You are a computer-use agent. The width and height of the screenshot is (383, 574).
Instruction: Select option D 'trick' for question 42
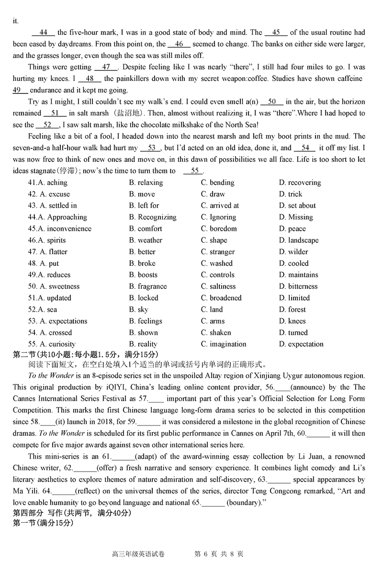(x=295, y=194)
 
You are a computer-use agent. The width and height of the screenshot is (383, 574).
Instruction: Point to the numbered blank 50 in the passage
(x=272, y=101)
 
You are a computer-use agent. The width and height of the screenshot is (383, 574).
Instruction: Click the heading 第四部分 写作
(x=48, y=513)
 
